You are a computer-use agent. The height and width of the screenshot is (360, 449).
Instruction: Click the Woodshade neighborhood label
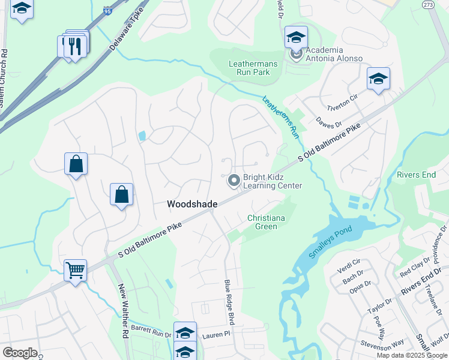pyautogui.click(x=191, y=204)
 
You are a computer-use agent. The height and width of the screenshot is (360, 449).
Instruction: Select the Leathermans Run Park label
pyautogui.click(x=249, y=68)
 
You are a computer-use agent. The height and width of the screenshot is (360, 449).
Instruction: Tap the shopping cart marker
pyautogui.click(x=76, y=270)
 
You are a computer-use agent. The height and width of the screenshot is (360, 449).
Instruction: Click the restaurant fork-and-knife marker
pyautogui.click(x=75, y=47)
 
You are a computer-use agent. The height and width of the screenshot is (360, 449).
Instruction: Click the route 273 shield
pyautogui.click(x=428, y=5)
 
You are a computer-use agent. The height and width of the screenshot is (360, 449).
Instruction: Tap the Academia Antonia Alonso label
pyautogui.click(x=334, y=54)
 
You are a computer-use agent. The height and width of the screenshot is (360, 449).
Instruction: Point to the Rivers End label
pyautogui.click(x=416, y=175)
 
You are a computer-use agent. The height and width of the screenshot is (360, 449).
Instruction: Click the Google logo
pyautogui.click(x=20, y=353)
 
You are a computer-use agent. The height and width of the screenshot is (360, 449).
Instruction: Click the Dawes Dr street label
pyautogui.click(x=328, y=122)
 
